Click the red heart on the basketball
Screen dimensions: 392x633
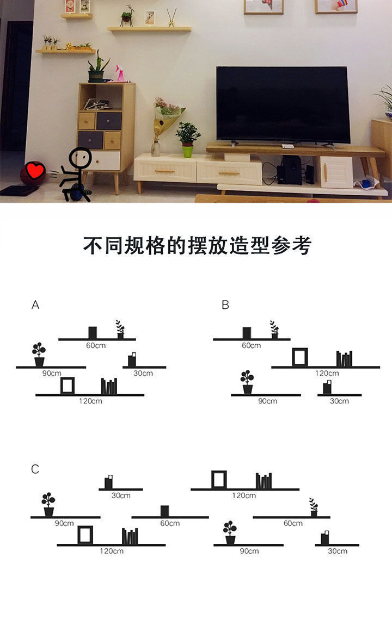pyautogui.click(x=35, y=171)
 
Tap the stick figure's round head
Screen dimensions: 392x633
pyautogui.click(x=82, y=158)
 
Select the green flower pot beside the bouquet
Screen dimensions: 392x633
pyautogui.click(x=188, y=151)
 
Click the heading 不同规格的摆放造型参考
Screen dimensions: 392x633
pyautogui.click(x=197, y=246)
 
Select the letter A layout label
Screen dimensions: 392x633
pyautogui.click(x=35, y=305)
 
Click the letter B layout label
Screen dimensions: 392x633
pyautogui.click(x=225, y=305)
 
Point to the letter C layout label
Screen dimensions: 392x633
pyautogui.click(x=35, y=469)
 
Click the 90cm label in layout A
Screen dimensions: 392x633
pyautogui.click(x=52, y=374)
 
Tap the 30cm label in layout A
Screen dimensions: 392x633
pyautogui.click(x=143, y=374)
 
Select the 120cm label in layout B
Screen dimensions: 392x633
pyautogui.click(x=327, y=374)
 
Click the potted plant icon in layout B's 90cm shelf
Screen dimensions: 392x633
pyautogui.click(x=247, y=382)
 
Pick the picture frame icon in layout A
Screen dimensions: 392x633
pyautogui.click(x=67, y=385)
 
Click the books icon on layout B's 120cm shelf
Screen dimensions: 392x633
pyautogui.click(x=344, y=359)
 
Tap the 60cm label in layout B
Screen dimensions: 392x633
pyautogui.click(x=251, y=346)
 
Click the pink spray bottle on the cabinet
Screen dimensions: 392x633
pyautogui.click(x=120, y=74)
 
